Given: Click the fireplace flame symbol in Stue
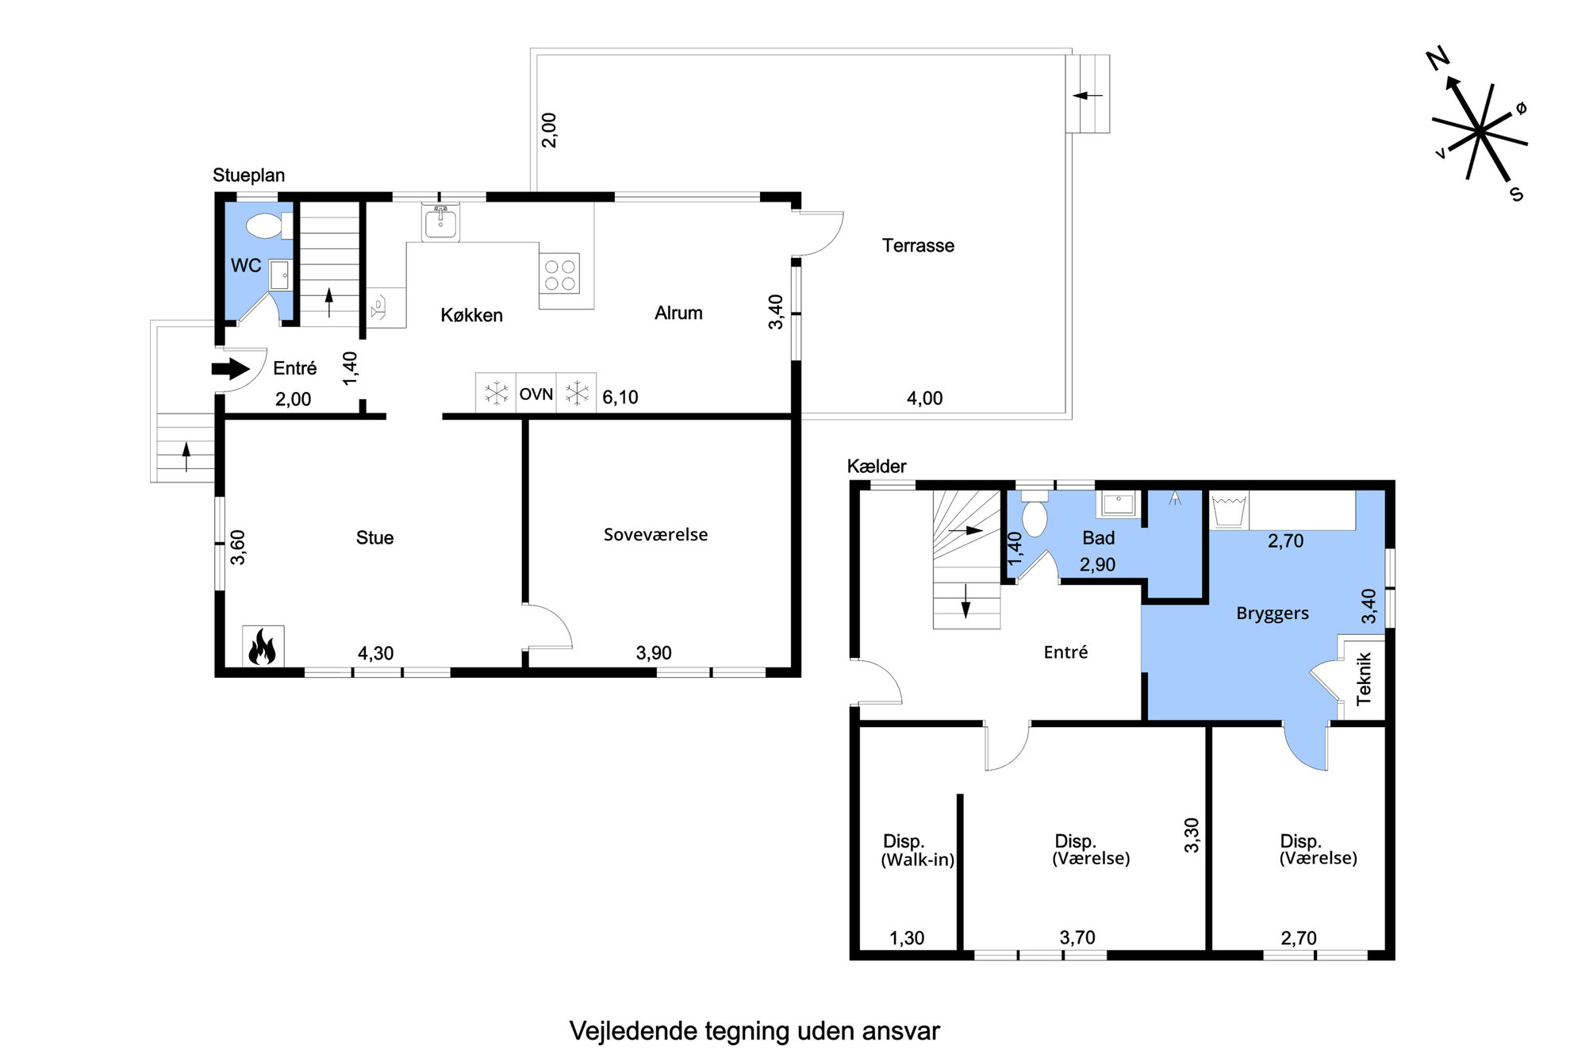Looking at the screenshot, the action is [263, 646].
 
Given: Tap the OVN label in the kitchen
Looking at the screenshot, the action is [536, 394].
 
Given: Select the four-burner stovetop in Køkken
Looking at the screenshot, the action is [560, 274].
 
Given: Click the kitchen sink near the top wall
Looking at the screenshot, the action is [441, 223].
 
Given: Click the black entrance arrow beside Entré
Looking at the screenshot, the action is [231, 369].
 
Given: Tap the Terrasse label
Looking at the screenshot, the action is [918, 246].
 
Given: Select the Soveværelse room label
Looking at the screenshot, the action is [655, 535].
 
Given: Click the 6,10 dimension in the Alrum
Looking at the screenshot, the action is [620, 398].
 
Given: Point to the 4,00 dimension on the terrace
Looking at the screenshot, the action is [925, 398].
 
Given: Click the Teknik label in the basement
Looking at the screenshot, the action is [1364, 679].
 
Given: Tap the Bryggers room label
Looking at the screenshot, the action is [1273, 613].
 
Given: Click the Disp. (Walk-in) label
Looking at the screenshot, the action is [917, 850].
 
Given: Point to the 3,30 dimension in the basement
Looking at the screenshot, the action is [1192, 836].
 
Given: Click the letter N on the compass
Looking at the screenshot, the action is [1438, 58].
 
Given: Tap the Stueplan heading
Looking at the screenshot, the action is [248, 175].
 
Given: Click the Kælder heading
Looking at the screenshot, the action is [877, 467].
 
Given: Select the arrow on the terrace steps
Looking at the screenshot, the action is [1088, 96].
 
